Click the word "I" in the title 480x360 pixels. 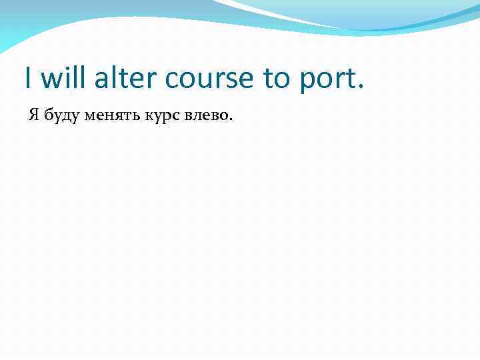[28, 78]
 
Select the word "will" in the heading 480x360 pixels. [63, 78]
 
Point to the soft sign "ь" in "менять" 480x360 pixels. [129, 117]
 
